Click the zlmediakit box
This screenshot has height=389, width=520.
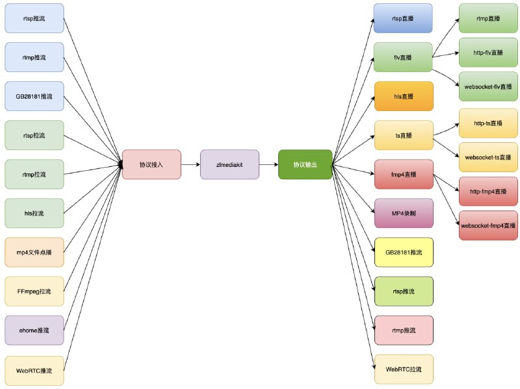(x=229, y=165)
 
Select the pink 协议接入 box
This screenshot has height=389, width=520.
(x=151, y=165)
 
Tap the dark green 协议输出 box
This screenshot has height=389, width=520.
(x=305, y=165)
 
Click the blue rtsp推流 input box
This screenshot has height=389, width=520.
(x=34, y=19)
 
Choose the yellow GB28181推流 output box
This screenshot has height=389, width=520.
(x=404, y=252)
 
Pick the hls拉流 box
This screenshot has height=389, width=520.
(x=34, y=213)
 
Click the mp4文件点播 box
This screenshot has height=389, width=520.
(x=34, y=252)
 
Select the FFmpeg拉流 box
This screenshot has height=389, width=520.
(x=34, y=291)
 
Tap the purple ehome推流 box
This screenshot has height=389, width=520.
(x=34, y=330)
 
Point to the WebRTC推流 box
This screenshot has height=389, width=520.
(x=34, y=370)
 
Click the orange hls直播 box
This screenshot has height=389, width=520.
(x=404, y=96)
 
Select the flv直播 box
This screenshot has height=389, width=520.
(x=404, y=57)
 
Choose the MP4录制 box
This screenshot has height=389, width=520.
(x=404, y=213)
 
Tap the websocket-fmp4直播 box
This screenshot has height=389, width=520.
(x=488, y=226)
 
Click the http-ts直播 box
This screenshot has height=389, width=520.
(x=488, y=123)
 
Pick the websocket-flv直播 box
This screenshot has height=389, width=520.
(x=488, y=86)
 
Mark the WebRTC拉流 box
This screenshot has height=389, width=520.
(x=404, y=370)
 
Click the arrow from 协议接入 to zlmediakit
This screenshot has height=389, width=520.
(x=190, y=165)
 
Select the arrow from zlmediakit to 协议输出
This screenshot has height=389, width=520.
(x=268, y=165)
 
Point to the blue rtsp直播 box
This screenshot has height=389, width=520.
(x=404, y=19)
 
